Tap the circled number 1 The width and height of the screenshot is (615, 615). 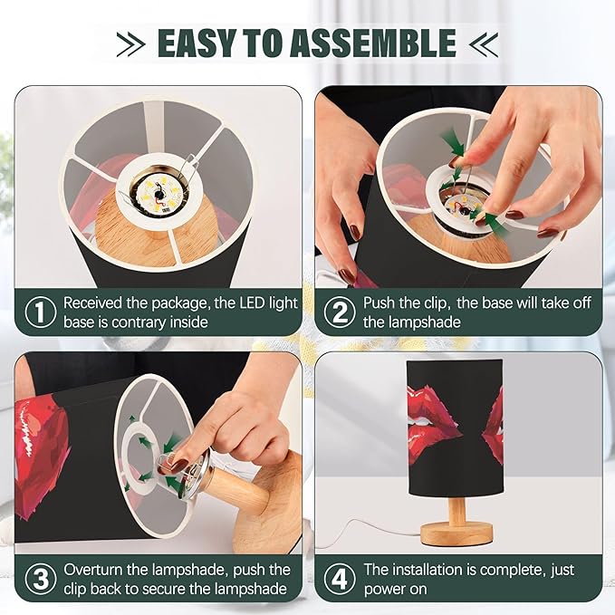click(41, 312)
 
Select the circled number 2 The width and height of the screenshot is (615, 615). click(340, 312)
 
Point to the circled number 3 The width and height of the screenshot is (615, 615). click(41, 579)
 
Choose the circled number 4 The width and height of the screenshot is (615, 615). click(340, 579)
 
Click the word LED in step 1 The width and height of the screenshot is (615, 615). click(252, 303)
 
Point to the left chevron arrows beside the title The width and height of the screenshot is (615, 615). click(131, 43)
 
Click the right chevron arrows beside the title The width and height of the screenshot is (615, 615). click(484, 43)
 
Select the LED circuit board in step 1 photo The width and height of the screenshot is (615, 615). click(159, 192)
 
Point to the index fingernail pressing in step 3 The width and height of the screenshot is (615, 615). click(178, 465)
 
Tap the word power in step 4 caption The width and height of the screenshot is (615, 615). click(384, 590)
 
